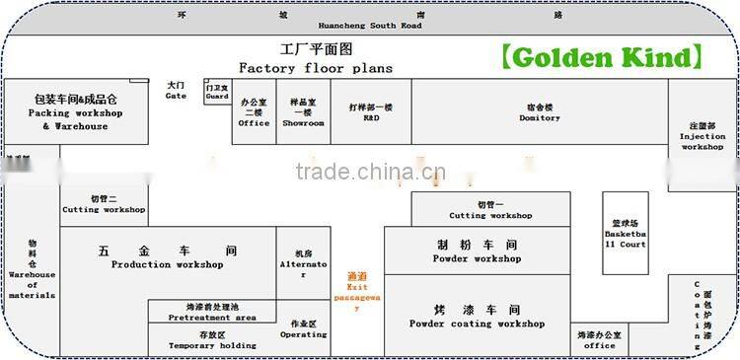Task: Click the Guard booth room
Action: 217,92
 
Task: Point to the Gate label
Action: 176,91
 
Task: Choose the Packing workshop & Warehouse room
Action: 76,112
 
